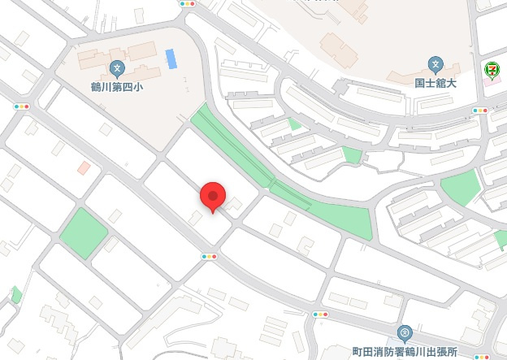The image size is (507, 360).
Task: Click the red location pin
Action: click(212, 195)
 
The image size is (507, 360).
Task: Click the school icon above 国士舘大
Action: click(435, 64)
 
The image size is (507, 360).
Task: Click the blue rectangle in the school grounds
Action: click(171, 59)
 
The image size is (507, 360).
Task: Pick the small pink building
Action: click(84, 168)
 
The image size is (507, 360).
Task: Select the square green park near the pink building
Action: click(83, 233)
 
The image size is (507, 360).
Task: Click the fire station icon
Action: click(405, 332)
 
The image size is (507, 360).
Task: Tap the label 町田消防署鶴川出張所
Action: click(405, 352)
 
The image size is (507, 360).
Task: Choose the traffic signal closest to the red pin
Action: click(210, 257)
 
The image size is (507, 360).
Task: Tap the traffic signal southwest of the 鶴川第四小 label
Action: click(21, 106)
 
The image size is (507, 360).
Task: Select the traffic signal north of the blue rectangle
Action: click(188, 3)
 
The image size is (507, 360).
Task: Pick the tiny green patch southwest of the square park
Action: click(16, 294)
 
